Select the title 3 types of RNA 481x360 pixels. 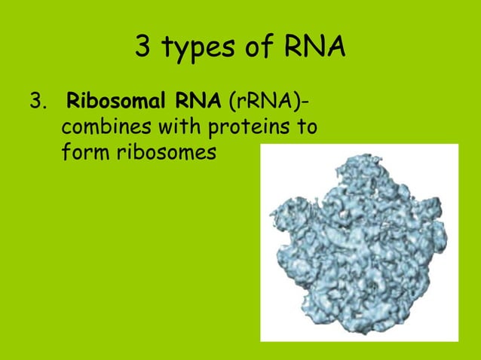tap(240, 49)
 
